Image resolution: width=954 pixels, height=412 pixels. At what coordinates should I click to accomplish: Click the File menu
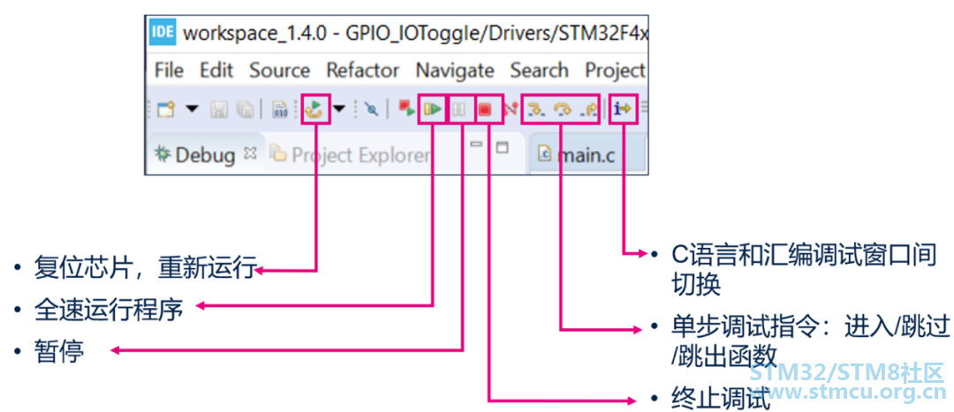click(x=169, y=70)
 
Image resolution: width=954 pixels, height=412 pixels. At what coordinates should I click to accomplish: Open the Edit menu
click(x=216, y=70)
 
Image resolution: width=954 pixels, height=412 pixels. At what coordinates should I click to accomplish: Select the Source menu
click(x=279, y=70)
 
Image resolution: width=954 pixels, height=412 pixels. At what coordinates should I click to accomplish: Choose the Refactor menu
click(x=362, y=70)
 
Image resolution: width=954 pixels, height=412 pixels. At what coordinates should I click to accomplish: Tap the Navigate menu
click(x=455, y=70)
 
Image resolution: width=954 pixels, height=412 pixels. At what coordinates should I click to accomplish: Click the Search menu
click(x=539, y=70)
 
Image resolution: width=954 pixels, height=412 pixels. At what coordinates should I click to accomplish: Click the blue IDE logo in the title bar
click(x=163, y=33)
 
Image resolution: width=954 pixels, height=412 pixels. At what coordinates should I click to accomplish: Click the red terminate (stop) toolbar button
click(x=484, y=109)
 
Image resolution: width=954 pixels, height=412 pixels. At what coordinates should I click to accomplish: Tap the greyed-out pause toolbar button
click(x=459, y=109)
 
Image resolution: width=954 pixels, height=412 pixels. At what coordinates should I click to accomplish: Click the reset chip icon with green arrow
click(x=314, y=109)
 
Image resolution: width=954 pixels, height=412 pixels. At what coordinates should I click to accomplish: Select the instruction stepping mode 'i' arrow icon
click(x=624, y=109)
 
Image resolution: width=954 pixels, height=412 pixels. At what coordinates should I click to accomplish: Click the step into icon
click(x=534, y=109)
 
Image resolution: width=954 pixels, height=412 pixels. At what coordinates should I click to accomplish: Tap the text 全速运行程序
click(x=109, y=310)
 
